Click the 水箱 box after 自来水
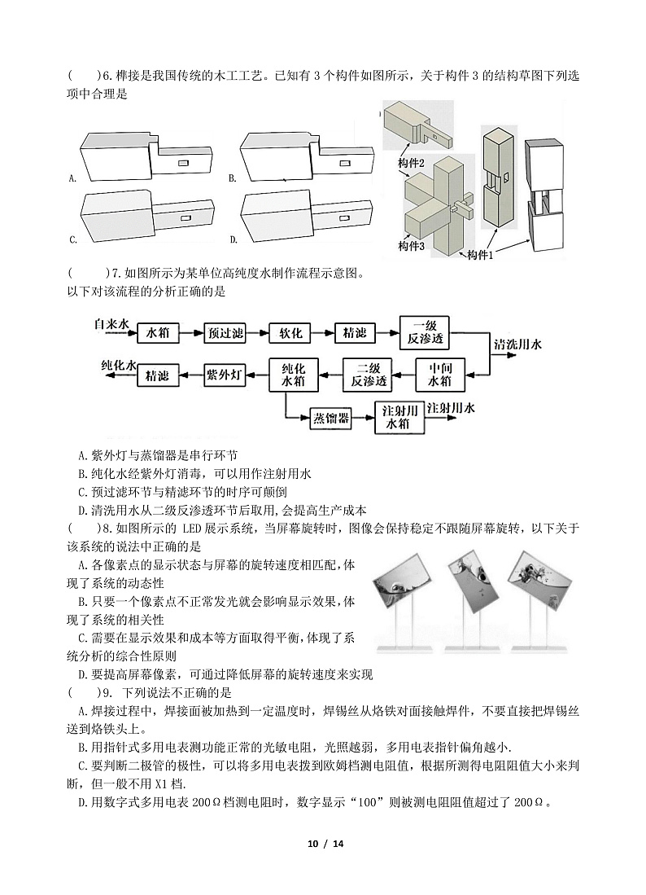coord(156,332)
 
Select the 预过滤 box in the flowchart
coord(224,332)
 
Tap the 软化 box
coord(290,332)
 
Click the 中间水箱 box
coord(439,374)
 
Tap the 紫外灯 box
coord(223,374)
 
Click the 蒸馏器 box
coord(331,418)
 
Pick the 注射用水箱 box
coord(398,418)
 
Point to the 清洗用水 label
coord(521,343)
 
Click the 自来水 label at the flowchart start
coord(111,323)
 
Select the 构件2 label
coord(412,163)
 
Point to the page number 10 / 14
coord(323,865)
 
